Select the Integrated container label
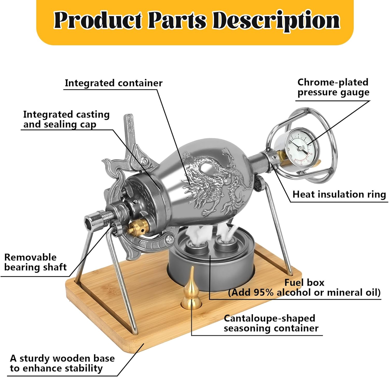[114, 83]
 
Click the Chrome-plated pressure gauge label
[333, 87]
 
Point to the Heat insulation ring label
[339, 194]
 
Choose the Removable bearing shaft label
[35, 262]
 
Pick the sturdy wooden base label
[62, 363]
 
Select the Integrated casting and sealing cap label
[66, 119]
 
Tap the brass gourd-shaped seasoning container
[192, 292]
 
